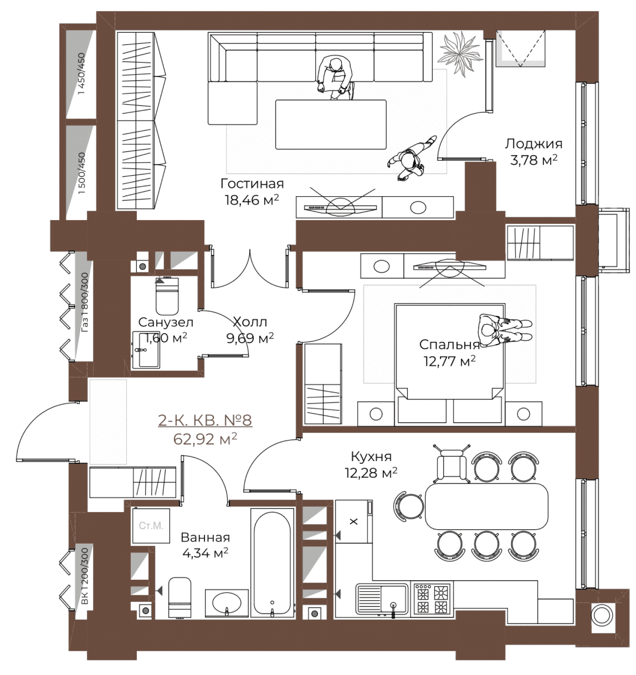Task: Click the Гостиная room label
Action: (x=252, y=184)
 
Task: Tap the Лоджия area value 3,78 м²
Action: (x=534, y=160)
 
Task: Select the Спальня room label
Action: (x=449, y=345)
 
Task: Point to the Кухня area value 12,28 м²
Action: (x=371, y=473)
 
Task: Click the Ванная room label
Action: (x=205, y=537)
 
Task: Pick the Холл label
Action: (x=250, y=322)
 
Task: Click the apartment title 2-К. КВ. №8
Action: (x=205, y=420)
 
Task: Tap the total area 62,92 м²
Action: (x=205, y=439)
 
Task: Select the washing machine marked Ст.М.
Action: (x=151, y=526)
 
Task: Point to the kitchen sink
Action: (x=382, y=599)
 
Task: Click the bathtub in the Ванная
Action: (x=272, y=563)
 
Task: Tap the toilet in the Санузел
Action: (x=167, y=296)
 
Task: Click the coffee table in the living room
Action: (x=331, y=124)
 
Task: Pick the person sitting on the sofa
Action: (x=336, y=78)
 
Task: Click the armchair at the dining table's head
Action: (x=452, y=464)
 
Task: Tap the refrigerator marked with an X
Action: (x=354, y=522)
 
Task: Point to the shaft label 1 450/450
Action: (x=82, y=74)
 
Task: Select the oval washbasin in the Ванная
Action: (x=227, y=603)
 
